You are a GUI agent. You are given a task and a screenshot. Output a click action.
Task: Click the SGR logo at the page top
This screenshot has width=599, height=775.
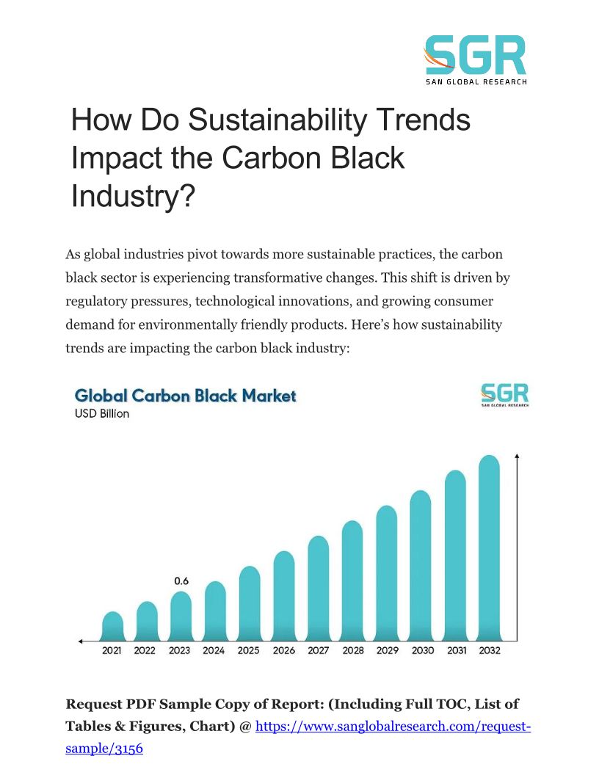click(476, 59)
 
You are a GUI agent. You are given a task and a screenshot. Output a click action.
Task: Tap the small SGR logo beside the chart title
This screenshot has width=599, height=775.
click(504, 395)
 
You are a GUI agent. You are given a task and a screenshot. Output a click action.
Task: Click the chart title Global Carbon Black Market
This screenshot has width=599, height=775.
click(186, 396)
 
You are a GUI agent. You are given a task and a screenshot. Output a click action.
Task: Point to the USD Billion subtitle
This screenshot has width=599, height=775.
click(102, 414)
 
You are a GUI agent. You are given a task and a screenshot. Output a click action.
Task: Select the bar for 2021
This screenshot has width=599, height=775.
click(112, 625)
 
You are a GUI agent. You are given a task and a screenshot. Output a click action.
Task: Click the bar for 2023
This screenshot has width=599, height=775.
click(181, 615)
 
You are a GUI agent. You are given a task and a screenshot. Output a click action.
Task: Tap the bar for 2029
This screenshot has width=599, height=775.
click(386, 572)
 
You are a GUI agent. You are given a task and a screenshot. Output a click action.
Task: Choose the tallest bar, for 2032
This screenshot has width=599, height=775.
click(489, 547)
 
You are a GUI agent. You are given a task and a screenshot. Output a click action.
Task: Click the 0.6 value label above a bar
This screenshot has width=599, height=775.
click(181, 581)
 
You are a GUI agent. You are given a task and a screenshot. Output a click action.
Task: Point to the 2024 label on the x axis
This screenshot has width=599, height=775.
click(214, 651)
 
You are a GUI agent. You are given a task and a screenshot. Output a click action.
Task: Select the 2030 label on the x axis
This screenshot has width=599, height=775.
click(422, 651)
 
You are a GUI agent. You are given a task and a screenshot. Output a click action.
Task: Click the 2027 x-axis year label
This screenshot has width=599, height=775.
click(318, 651)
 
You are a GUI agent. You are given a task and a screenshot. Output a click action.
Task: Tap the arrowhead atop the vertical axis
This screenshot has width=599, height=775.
click(518, 457)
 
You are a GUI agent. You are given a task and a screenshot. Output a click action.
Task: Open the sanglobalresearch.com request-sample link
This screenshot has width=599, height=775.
click(392, 727)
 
